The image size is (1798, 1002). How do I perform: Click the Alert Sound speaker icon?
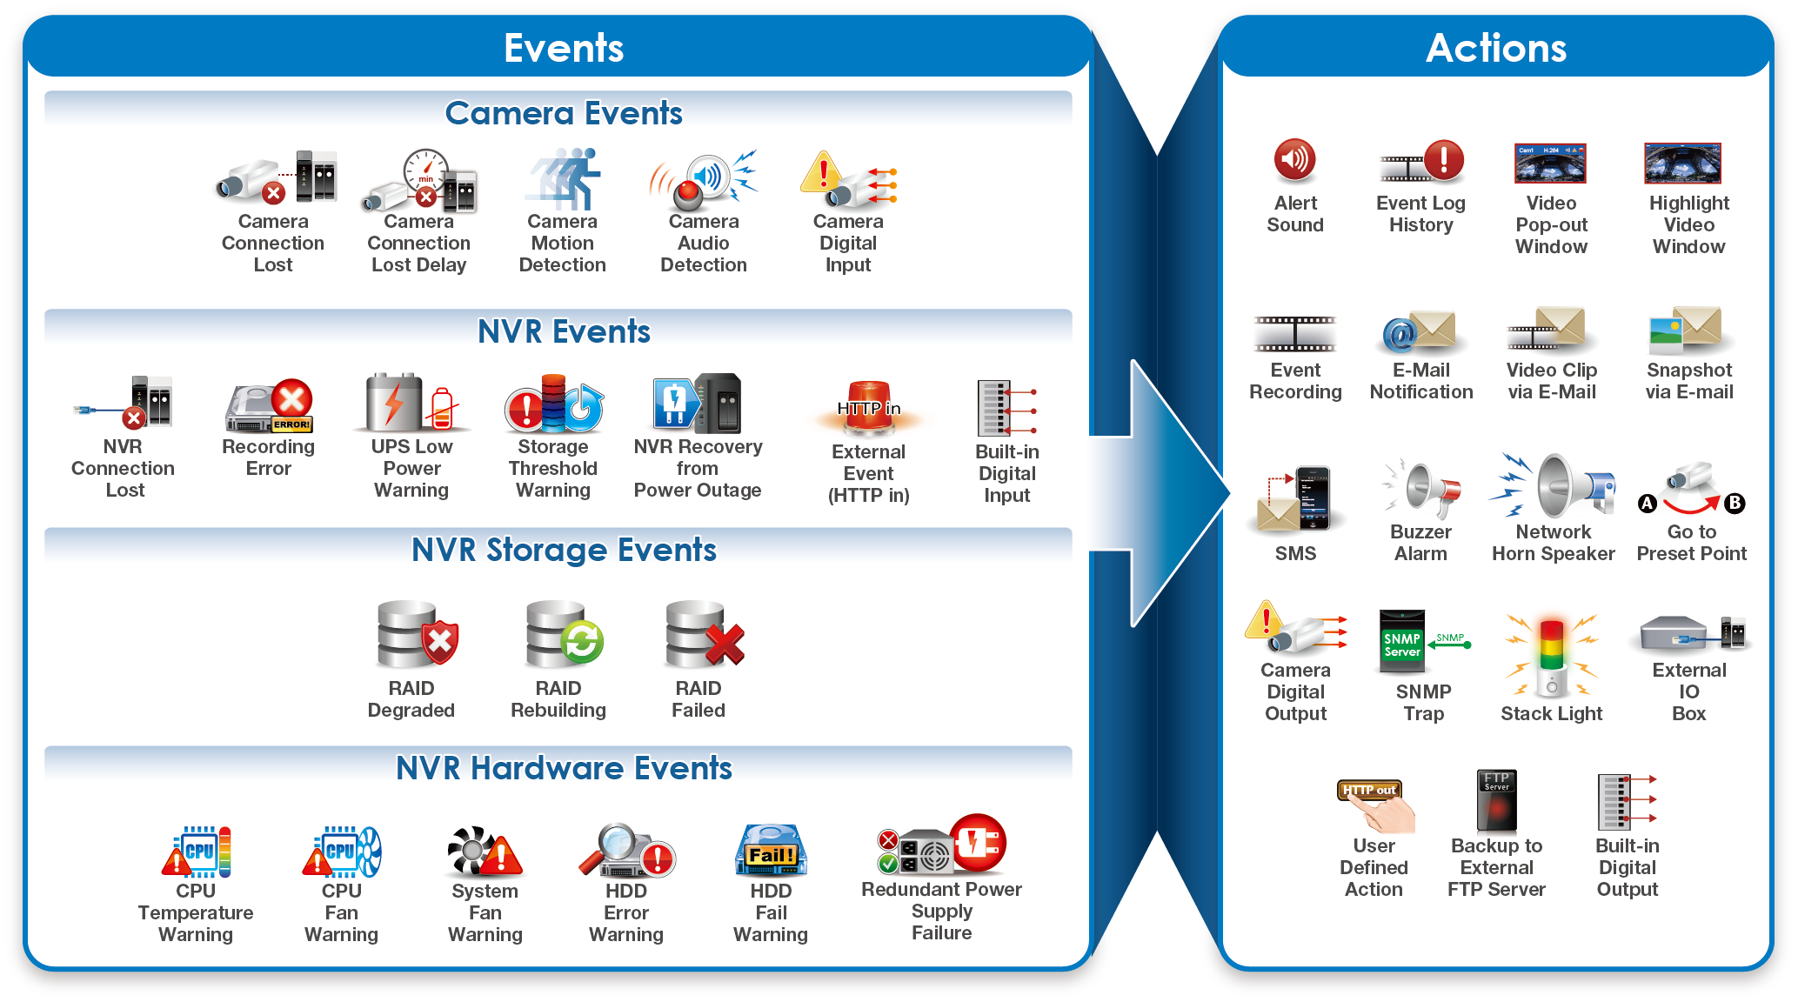(1294, 159)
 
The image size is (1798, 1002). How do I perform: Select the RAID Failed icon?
(704, 634)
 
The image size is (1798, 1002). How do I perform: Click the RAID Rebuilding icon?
(564, 634)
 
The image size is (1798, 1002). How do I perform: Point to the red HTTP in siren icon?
(869, 407)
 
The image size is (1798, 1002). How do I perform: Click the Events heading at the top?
(564, 48)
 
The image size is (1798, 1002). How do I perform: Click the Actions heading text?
(1496, 48)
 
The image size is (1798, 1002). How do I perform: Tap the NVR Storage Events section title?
(564, 550)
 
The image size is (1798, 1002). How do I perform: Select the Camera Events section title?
(564, 113)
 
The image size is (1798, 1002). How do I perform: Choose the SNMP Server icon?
(1402, 642)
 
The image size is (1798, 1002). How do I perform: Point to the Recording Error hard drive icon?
(269, 405)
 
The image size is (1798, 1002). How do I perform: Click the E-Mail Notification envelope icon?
(1420, 331)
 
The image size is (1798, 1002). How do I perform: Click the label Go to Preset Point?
(1691, 543)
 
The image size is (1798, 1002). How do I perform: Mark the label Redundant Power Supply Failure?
(941, 911)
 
